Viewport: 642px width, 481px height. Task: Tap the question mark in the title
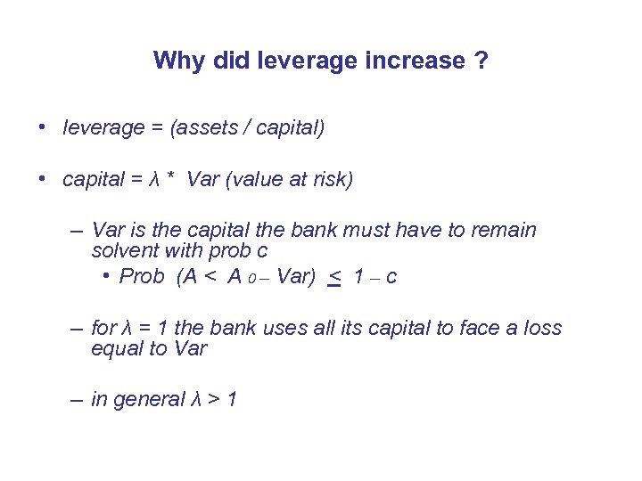click(481, 61)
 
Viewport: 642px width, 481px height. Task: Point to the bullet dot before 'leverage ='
click(43, 127)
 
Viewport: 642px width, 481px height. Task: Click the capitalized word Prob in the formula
click(142, 277)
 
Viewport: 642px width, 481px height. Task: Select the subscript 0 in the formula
click(253, 280)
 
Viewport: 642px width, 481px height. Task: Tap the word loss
click(543, 328)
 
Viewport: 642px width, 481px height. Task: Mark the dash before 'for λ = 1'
click(78, 328)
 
